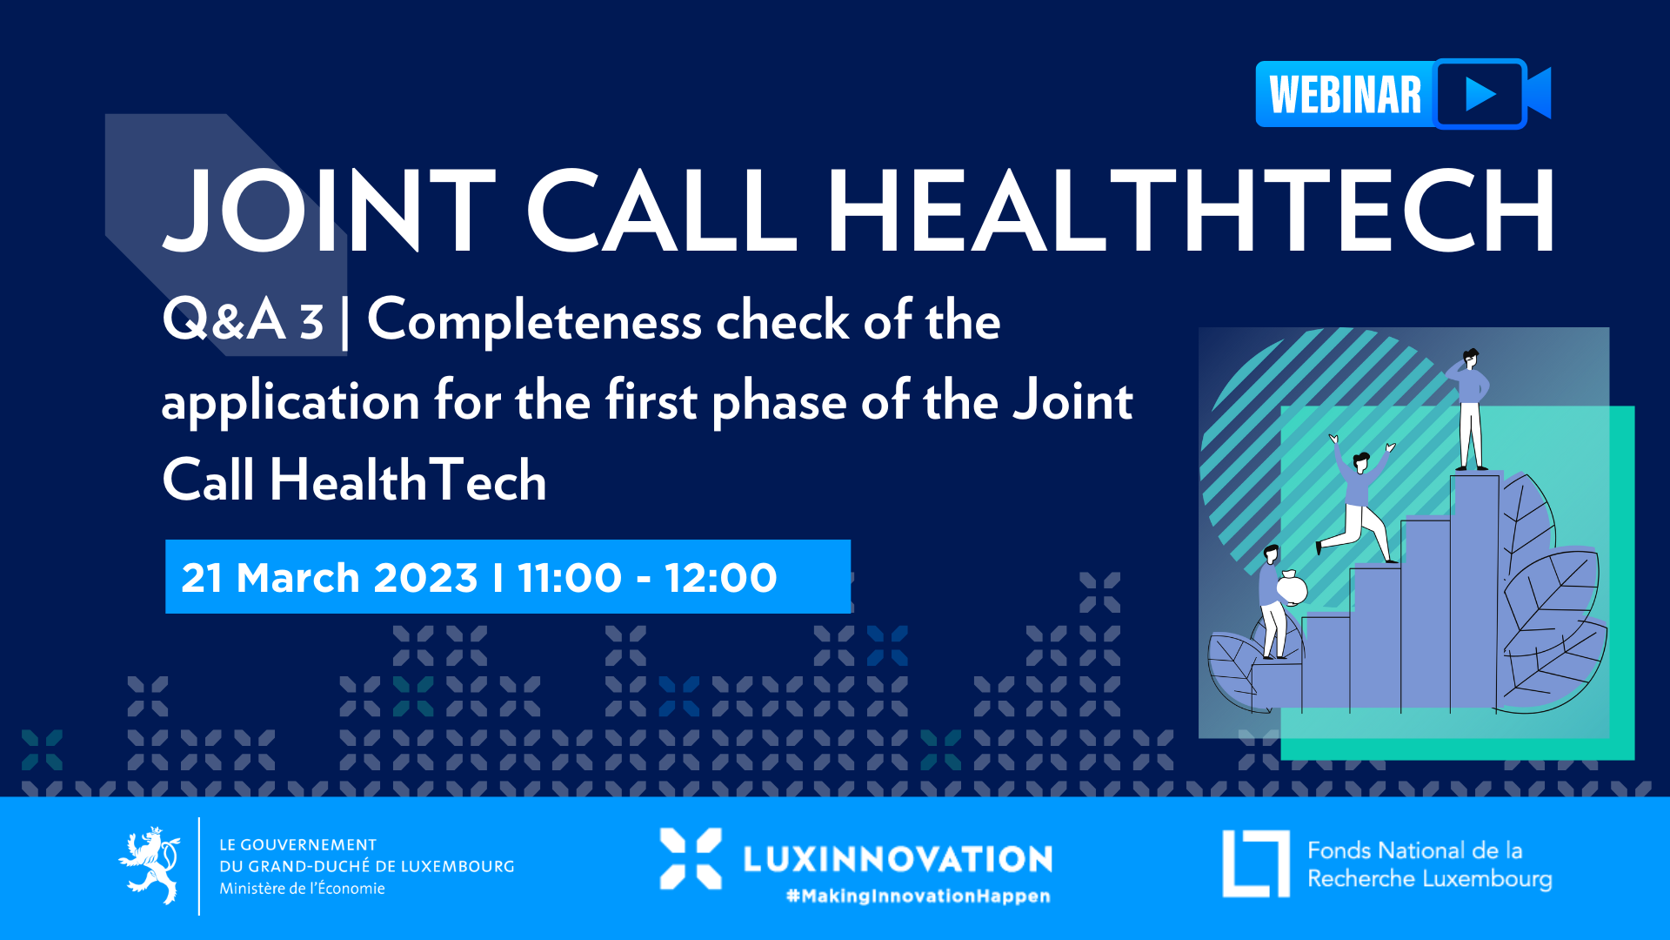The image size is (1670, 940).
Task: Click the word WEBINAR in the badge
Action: (x=1345, y=95)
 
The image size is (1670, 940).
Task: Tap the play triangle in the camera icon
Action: (x=1480, y=94)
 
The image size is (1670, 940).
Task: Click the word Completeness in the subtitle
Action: (x=535, y=320)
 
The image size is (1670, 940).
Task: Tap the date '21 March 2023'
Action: (x=330, y=578)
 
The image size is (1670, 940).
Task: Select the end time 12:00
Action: (x=720, y=578)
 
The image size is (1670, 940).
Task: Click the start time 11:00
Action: (x=570, y=578)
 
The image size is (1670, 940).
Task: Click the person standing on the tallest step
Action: (x=1470, y=409)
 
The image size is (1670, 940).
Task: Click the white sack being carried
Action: (x=1292, y=588)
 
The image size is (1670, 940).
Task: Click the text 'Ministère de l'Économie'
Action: (x=302, y=889)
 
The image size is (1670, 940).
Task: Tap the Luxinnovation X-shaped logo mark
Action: (x=691, y=858)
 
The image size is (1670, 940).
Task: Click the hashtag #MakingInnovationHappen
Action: (x=918, y=896)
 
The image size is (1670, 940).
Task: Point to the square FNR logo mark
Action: (x=1256, y=863)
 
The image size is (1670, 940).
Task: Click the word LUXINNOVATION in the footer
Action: (x=898, y=859)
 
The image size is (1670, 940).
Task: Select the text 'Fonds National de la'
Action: (x=1415, y=850)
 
